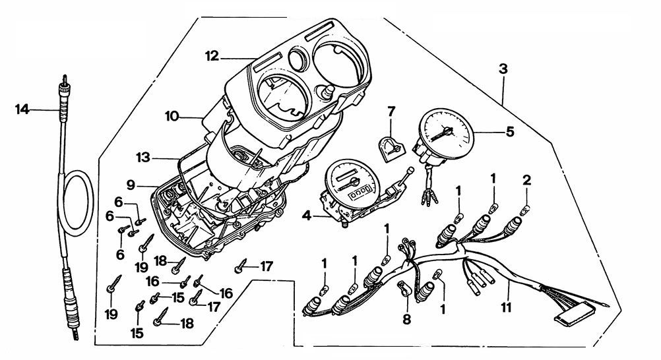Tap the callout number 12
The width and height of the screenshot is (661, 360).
[x=211, y=57]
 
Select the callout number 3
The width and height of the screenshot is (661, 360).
[x=503, y=69]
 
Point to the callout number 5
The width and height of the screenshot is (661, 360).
[x=509, y=131]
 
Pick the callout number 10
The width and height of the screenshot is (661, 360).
[x=172, y=117]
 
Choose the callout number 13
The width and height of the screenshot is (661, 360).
[x=142, y=158]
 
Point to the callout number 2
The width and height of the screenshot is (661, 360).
[x=526, y=179]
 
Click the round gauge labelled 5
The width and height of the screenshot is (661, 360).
[x=447, y=133]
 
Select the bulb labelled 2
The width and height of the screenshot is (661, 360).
[x=526, y=210]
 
